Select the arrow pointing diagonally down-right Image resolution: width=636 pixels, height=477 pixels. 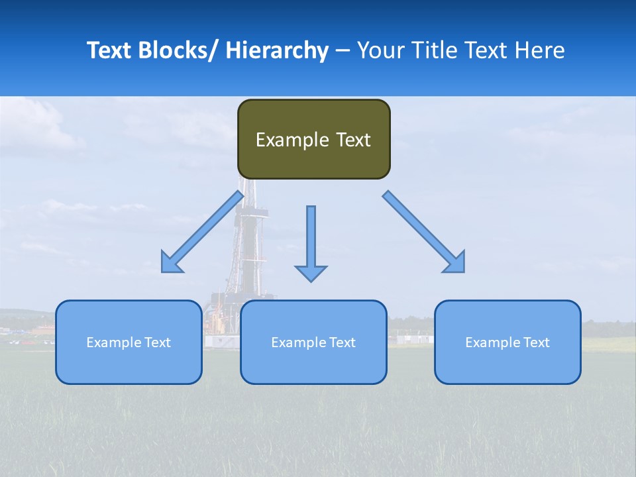click(x=424, y=232)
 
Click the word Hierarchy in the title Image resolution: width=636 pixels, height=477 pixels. click(x=277, y=50)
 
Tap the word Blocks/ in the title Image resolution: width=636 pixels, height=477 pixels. click(x=179, y=50)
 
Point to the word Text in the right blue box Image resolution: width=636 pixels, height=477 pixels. click(x=535, y=343)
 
